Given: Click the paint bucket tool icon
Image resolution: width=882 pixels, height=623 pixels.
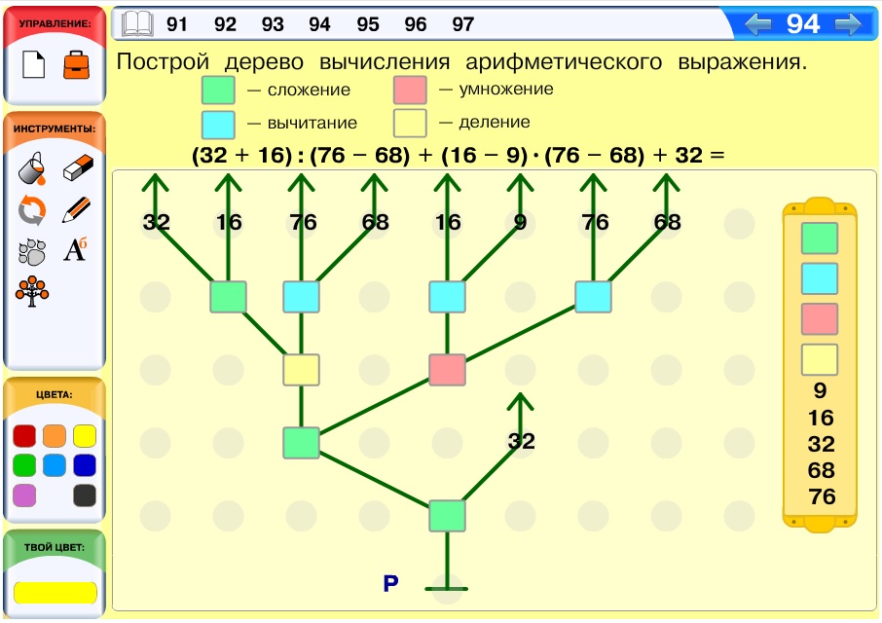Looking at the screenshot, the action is pos(31,168).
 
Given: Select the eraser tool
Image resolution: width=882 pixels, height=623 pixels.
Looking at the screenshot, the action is pos(78,167).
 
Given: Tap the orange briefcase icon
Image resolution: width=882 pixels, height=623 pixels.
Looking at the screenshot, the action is pos(77,64).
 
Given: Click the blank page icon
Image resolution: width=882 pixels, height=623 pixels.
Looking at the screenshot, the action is pos(33,64).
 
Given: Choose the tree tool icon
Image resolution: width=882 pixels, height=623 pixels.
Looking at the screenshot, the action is pos(32,291).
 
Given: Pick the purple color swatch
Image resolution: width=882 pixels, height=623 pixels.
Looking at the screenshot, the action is pos(24,495).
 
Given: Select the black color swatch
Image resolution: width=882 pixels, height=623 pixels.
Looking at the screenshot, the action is pos(85,495).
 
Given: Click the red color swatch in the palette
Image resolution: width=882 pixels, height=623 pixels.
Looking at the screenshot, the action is pos(24,436).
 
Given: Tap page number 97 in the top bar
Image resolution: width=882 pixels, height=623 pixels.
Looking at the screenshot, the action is pos(463,24).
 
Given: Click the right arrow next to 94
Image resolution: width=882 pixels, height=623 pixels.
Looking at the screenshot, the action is pos(848,24).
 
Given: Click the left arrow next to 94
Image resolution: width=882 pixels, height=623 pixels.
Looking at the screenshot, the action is pos(757,24).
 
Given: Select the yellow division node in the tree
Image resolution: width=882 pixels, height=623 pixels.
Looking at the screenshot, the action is pos(301,369).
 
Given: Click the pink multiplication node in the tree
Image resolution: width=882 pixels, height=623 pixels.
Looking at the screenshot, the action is pos(447,369).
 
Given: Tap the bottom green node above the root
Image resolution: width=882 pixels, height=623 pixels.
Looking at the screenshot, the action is pos(447,516).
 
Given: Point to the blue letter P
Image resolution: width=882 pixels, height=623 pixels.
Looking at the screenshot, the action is pos(391,584).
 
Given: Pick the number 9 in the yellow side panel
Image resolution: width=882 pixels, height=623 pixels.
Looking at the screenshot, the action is pos(820,390).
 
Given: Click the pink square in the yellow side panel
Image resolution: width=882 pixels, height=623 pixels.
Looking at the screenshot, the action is pos(820,319).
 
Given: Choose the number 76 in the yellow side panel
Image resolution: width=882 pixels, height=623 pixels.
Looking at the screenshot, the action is pos(822,496).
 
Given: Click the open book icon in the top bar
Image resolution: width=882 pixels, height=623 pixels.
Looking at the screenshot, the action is pos(137,24).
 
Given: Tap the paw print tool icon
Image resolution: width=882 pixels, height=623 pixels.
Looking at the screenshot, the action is pos(32,251).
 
